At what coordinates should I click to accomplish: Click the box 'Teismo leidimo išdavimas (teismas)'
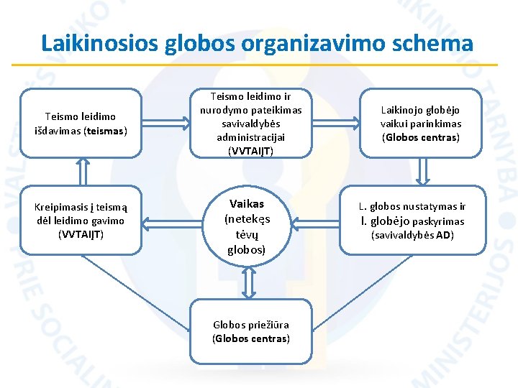pos(81,123)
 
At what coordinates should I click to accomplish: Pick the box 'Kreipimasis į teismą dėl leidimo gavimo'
pos(81,221)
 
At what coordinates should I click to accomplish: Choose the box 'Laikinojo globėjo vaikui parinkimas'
pos(421,123)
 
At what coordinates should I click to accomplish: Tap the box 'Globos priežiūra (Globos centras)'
pos(250,331)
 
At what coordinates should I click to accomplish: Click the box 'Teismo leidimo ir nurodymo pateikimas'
pos(250,123)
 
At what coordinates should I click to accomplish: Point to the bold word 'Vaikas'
pos(246,204)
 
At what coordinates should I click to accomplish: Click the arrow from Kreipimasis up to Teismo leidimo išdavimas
pos(83,172)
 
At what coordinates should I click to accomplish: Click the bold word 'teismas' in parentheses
pos(105,131)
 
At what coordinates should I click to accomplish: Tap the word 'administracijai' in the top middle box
pos(250,137)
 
